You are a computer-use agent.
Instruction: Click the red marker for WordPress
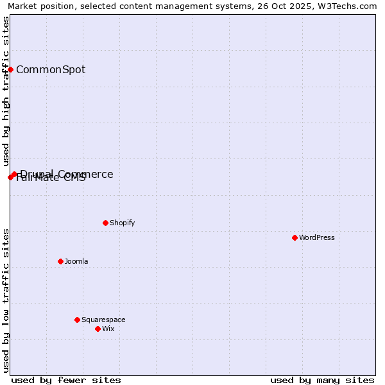(295, 237)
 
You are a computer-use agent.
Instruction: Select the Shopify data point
(105, 223)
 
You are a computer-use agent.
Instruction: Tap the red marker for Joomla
(60, 261)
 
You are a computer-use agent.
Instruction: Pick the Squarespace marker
(77, 320)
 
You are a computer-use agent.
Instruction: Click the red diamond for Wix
(98, 329)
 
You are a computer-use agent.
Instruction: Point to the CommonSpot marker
(11, 69)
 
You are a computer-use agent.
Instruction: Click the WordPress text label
(317, 237)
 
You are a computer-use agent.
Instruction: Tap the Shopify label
(122, 223)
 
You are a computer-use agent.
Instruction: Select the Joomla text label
(76, 261)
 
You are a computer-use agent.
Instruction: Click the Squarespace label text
(103, 320)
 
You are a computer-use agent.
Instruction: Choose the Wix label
(108, 329)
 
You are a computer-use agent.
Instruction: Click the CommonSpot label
(51, 69)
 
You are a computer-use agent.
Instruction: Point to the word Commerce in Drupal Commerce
(85, 174)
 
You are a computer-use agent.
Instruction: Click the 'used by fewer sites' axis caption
(66, 380)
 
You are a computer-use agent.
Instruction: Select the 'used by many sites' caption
(322, 380)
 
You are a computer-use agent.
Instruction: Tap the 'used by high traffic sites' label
(6, 91)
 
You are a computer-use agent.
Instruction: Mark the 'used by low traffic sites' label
(6, 300)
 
